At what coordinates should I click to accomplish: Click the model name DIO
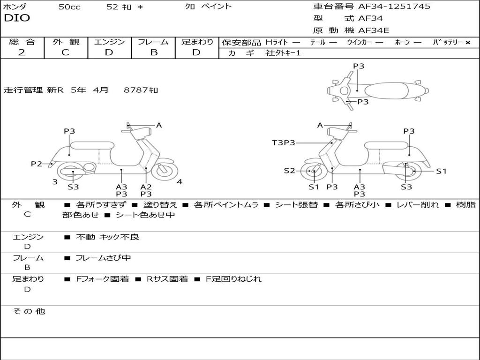[17, 18]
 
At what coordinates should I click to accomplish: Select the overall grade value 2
[22, 52]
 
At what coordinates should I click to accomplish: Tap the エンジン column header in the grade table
[109, 42]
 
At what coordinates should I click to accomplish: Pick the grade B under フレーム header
[153, 52]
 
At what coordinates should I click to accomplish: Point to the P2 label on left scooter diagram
[37, 164]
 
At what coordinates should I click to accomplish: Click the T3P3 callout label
[284, 142]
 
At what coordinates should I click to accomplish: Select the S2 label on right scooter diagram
[289, 171]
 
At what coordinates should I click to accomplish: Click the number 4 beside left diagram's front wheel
[180, 182]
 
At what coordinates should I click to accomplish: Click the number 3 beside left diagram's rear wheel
[55, 182]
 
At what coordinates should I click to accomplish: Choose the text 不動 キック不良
[107, 237]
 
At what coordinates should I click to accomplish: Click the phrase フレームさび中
[103, 258]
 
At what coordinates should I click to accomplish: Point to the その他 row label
[29, 311]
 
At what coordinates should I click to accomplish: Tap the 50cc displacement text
[69, 7]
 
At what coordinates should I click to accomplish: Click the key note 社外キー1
[283, 53]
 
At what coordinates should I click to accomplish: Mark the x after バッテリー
[467, 42]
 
